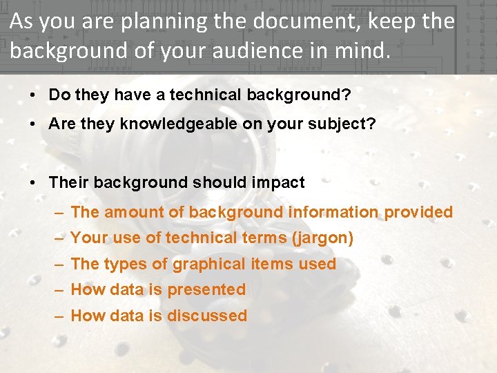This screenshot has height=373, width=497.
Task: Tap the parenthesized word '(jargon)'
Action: pyautogui.click(x=322, y=238)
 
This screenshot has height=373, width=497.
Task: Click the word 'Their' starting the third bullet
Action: pyautogui.click(x=69, y=183)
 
